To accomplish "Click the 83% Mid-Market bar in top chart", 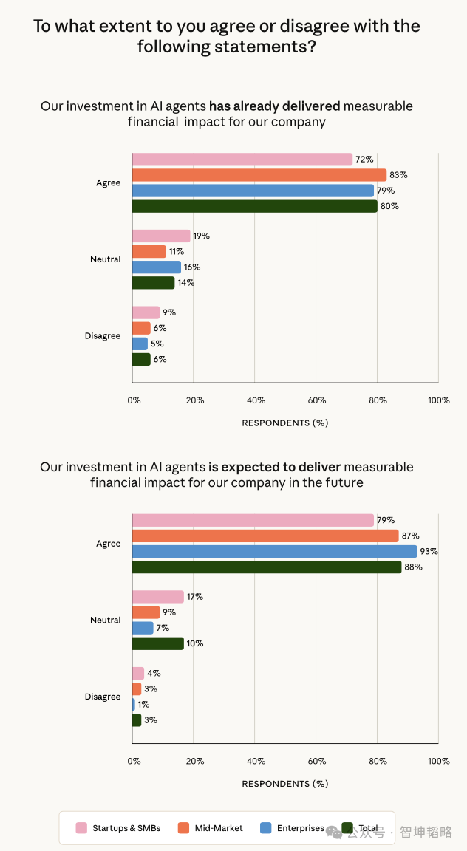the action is coord(259,175).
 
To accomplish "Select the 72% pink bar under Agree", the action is coord(242,159).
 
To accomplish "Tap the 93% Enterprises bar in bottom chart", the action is coord(274,551).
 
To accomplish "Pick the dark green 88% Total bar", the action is coord(267,567).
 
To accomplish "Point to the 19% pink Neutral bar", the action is coord(161,236).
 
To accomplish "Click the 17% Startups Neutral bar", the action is coord(158,596).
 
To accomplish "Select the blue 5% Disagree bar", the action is coord(140,344).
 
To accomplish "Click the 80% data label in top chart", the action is coord(390,206).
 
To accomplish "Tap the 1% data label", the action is coord(144,705).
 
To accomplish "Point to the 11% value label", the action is coord(176,252).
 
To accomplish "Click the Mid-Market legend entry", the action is coord(211,828).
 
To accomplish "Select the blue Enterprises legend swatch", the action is coord(266,828).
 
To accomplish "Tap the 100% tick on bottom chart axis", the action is coord(439,761).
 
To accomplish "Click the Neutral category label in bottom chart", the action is coord(106,620).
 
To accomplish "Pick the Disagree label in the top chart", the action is coord(103,336).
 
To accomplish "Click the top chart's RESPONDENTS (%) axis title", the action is coord(285,423).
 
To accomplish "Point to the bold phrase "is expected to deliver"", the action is coord(275,467).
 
